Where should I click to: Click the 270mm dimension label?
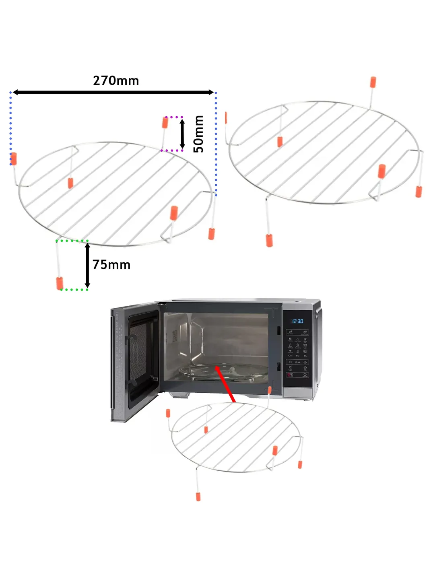[x=116, y=81]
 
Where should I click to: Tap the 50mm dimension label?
[x=199, y=134]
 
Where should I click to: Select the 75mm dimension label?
[x=111, y=265]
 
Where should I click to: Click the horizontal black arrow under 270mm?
[x=113, y=92]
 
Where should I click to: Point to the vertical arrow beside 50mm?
[x=182, y=134]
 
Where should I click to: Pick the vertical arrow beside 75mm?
[x=87, y=266]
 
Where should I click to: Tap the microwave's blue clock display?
[x=297, y=321]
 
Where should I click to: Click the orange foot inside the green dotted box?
[x=60, y=282]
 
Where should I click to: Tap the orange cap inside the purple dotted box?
[x=165, y=122]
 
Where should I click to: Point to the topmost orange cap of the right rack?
[x=373, y=82]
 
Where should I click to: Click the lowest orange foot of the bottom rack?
[x=198, y=496]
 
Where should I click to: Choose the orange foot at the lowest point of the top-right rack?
[x=269, y=240]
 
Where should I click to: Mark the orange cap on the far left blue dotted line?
[x=14, y=159]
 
